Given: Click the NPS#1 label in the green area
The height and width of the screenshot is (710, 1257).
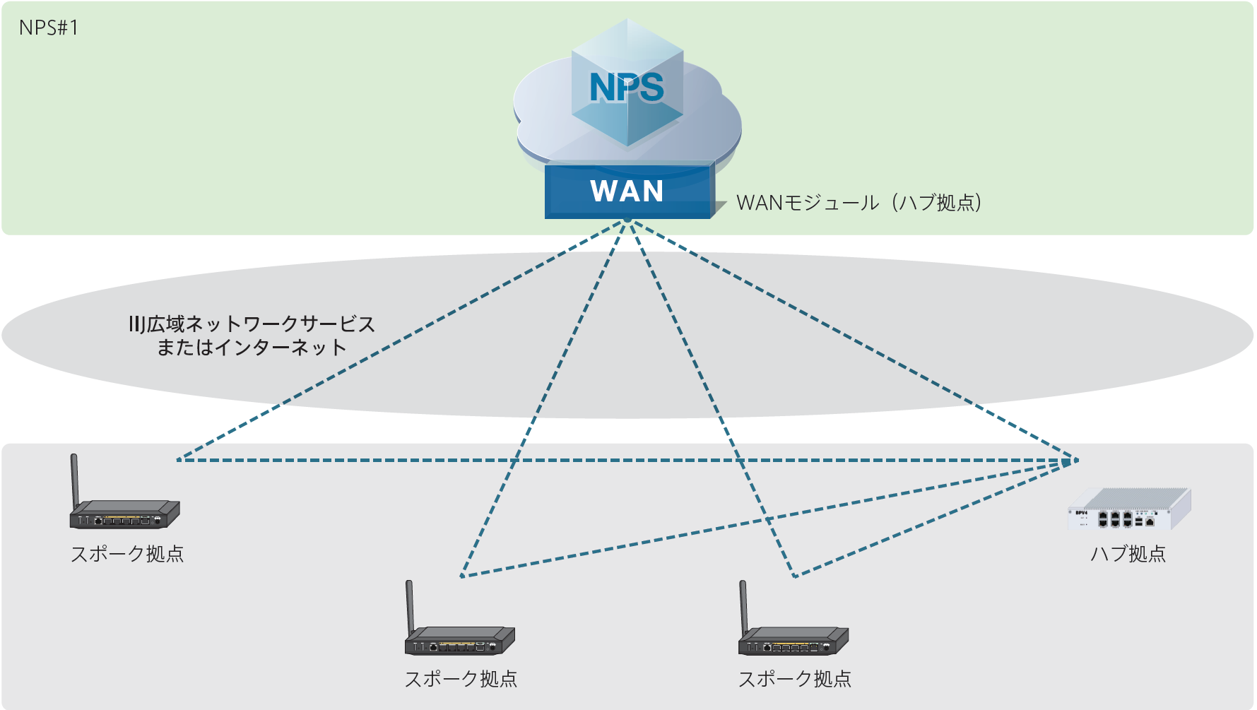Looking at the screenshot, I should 49,28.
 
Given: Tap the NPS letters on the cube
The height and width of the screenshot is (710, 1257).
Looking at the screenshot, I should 627,88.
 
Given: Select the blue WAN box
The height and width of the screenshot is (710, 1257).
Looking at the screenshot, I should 627,191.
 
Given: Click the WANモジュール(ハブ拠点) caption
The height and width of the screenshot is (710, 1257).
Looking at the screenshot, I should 858,203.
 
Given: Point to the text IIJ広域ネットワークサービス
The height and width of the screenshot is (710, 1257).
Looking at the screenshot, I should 252,324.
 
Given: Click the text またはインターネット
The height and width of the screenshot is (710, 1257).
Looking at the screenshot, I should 252,348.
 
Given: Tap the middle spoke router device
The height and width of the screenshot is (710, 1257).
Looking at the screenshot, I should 460,639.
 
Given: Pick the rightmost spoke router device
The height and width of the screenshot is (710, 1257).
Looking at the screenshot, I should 793,639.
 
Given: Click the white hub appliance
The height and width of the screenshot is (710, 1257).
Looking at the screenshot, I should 1129,510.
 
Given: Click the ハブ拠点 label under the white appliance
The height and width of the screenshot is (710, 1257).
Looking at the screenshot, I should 1128,554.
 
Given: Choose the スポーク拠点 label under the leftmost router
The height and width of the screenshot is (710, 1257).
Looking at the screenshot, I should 127,554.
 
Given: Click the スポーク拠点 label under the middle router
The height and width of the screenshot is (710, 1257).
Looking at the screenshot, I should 461,679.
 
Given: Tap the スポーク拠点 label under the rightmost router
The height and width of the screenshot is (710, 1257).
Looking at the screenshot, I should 795,679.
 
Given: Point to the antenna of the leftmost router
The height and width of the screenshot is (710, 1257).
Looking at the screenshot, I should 74,479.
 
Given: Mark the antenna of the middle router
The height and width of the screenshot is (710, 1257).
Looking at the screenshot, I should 409,605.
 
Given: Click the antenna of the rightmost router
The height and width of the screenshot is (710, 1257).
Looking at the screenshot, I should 743,605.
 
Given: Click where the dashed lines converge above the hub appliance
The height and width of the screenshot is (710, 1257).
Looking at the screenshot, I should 1076,460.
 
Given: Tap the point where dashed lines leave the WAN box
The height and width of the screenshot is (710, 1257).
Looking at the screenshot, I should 627,221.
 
